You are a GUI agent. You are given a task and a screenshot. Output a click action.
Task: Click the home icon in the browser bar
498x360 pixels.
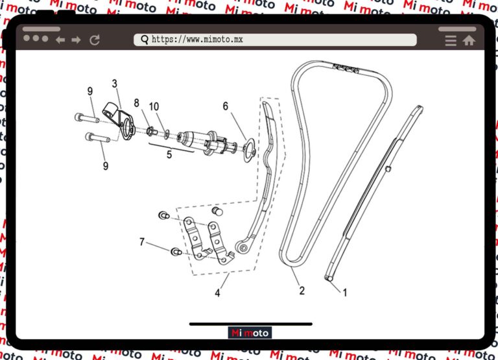coord(469,40)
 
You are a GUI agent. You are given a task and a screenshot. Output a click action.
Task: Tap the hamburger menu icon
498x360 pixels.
coord(451,41)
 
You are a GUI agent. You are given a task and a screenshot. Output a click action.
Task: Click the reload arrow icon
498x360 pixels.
coord(95,40)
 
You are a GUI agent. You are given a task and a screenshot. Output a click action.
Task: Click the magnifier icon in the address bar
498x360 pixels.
coord(145,40)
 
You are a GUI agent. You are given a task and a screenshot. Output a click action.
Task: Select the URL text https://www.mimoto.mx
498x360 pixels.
coord(197,40)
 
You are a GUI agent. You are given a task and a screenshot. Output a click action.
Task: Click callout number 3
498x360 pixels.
coord(115,84)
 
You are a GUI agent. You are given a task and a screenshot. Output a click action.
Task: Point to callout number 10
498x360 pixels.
coord(154,106)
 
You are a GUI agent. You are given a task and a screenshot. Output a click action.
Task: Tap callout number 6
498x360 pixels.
coord(226,106)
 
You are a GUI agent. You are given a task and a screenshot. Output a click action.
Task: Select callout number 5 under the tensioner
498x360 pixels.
coord(169,154)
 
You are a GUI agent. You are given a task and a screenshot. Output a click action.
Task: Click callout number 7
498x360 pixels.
coord(142,242)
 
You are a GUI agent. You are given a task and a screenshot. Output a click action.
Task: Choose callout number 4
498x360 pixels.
coord(218,293)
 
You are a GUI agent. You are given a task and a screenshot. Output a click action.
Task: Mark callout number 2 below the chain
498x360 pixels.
coord(302,291)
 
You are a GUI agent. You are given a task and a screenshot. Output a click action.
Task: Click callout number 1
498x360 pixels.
coord(345,293)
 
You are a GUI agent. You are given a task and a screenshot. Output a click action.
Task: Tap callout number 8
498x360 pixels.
coord(137,103)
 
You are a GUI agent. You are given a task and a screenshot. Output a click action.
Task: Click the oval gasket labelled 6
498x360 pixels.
coord(249,150)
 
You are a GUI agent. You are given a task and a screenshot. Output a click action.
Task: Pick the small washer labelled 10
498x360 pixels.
coord(167,134)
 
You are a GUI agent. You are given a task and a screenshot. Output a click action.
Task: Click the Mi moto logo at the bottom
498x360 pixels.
coord(250,333)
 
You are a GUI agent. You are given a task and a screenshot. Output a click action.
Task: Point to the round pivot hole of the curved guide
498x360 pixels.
coord(243,248)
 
